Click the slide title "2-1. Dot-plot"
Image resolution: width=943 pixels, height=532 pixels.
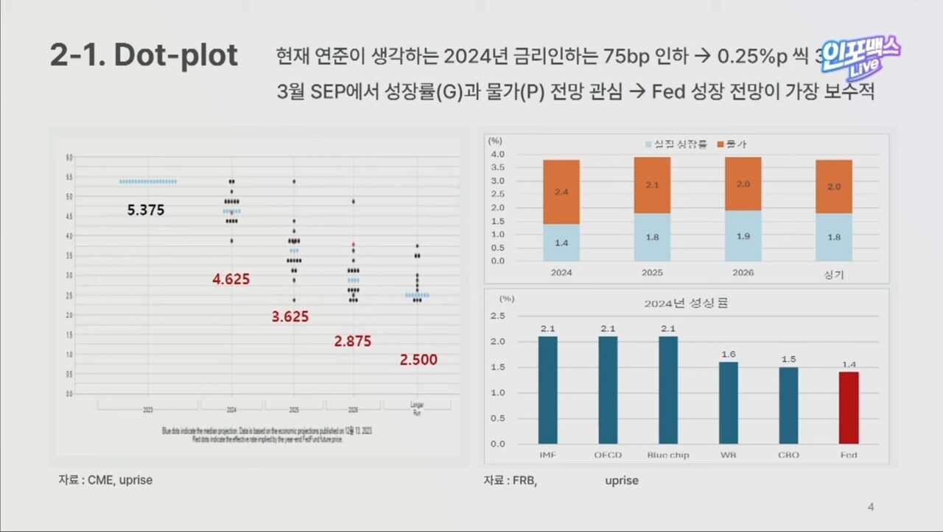click(x=144, y=57)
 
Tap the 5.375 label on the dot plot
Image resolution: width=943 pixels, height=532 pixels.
click(x=146, y=210)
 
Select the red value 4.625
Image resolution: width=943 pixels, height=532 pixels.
click(x=231, y=280)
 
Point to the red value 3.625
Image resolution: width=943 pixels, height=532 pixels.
click(x=290, y=317)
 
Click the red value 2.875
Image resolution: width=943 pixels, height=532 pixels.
click(x=352, y=341)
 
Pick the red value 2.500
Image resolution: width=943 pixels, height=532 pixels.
click(x=418, y=360)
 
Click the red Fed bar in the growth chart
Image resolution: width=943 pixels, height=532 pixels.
click(x=849, y=408)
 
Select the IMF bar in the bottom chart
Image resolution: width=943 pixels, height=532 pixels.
click(x=547, y=390)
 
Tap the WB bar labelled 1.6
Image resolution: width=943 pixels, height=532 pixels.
click(x=728, y=402)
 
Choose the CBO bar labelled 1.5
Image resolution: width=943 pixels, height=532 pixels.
click(x=788, y=405)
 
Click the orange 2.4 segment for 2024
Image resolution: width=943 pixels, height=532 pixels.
click(x=561, y=191)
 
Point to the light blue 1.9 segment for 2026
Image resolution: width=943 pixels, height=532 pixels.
click(x=743, y=235)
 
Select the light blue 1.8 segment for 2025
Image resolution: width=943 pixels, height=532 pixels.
click(x=652, y=237)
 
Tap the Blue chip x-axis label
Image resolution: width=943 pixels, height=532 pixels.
click(x=667, y=455)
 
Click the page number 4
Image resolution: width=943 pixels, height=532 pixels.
click(x=871, y=506)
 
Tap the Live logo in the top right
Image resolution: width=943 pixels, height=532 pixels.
click(x=860, y=57)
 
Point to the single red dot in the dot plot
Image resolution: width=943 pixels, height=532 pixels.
click(x=354, y=244)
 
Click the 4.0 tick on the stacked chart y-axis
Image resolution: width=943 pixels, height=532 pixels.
click(x=497, y=155)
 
